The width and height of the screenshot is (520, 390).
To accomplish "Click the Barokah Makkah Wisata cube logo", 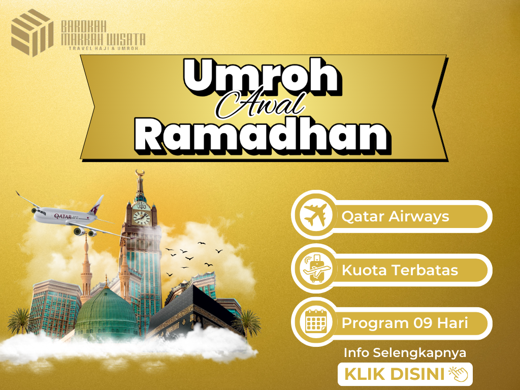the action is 32,32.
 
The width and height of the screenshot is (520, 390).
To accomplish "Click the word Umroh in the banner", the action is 262,76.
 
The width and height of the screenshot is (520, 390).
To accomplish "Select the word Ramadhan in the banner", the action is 263,135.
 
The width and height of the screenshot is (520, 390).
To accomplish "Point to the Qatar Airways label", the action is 395,216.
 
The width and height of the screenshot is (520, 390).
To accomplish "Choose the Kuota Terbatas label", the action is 400,270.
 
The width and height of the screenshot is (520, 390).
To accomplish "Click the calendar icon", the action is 316,321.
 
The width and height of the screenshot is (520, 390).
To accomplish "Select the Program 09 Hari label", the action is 405,323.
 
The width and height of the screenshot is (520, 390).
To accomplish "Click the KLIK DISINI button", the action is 405,374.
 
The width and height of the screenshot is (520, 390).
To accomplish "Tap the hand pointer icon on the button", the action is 459,374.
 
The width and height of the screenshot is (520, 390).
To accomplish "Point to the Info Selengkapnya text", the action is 405,353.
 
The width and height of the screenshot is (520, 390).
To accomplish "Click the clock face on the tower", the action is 142,218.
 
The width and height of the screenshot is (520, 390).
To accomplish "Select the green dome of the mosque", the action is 106,312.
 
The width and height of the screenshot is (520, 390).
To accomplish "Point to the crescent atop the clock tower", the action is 140,173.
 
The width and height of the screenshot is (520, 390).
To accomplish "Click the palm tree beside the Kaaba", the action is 248,323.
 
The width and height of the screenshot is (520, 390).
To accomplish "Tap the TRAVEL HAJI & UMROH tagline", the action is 103,48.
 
